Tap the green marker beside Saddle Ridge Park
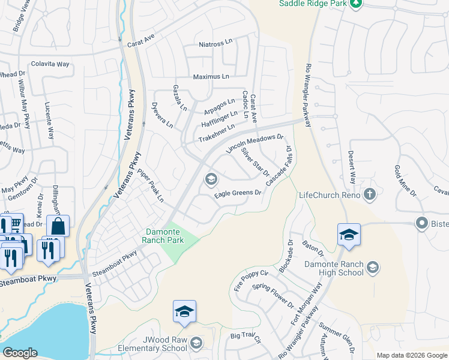click(x=355, y=4)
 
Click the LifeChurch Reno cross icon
click(x=370, y=194)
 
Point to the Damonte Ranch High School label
click(x=334, y=268)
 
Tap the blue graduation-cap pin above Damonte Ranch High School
click(x=349, y=235)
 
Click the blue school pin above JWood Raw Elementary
click(x=184, y=311)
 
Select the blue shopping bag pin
click(x=58, y=227)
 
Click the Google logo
click(x=19, y=353)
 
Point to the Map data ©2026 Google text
click(x=411, y=355)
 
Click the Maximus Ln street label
click(x=211, y=77)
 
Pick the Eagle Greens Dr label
click(x=238, y=193)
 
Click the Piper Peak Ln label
click(x=150, y=185)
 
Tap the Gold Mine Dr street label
click(x=405, y=181)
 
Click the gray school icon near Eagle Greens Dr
click(x=211, y=179)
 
